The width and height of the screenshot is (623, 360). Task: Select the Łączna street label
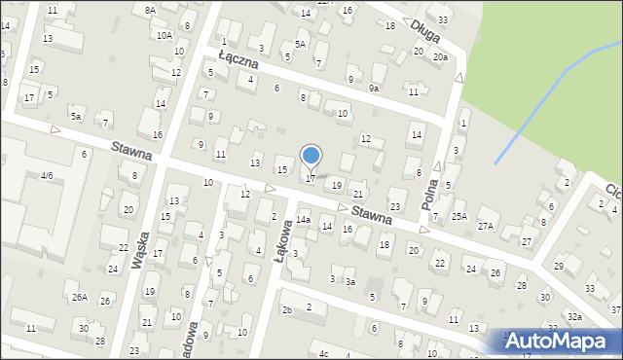point(238,58)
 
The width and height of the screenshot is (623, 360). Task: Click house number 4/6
point(46,176)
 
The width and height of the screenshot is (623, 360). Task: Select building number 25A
point(459,216)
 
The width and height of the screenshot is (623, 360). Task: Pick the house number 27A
point(486,226)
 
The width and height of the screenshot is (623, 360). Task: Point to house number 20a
point(440,57)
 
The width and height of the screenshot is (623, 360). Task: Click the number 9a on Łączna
point(374,88)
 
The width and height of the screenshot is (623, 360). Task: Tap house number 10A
point(164,35)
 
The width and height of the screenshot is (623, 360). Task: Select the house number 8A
point(150,9)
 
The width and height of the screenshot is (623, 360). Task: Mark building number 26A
point(79,298)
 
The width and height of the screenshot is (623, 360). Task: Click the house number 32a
point(575,317)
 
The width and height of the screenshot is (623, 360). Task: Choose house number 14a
point(304,221)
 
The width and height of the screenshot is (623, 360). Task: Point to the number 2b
point(287,309)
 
